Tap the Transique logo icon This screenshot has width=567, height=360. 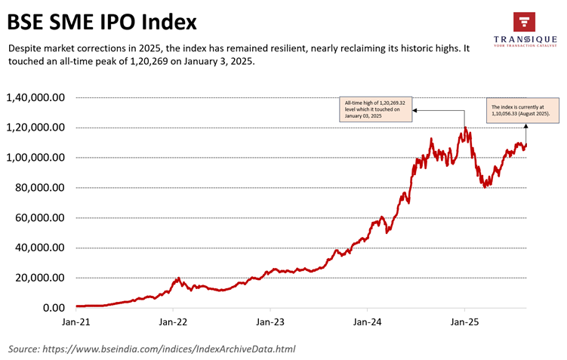coord(524,22)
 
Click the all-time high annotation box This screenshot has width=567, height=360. coord(375,110)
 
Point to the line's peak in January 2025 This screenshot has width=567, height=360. coord(465,128)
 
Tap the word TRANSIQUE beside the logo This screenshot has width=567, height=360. coord(524,40)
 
